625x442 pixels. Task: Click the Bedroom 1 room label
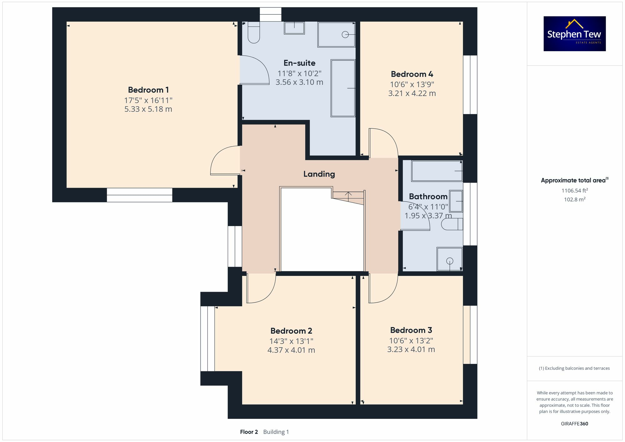[x=148, y=90]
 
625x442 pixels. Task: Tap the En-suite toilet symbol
[x=254, y=33]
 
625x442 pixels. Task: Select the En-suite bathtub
[x=343, y=88]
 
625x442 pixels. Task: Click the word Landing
[x=319, y=174]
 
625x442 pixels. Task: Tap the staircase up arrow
[x=348, y=196]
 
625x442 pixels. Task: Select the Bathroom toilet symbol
[x=452, y=224]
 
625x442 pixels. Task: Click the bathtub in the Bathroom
[x=437, y=171]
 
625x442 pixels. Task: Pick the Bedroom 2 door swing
[x=260, y=288]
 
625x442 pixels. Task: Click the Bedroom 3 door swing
[x=382, y=288]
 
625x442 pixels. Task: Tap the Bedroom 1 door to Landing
[x=225, y=161]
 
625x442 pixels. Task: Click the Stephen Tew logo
[x=574, y=34]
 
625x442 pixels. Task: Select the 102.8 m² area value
[x=574, y=200]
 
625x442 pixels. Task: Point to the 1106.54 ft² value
[x=574, y=191]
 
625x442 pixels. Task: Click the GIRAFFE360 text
[x=574, y=424]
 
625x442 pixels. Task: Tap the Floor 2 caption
[x=249, y=432]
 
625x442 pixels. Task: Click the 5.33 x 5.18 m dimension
[x=148, y=109]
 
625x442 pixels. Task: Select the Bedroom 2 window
[x=207, y=339]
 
